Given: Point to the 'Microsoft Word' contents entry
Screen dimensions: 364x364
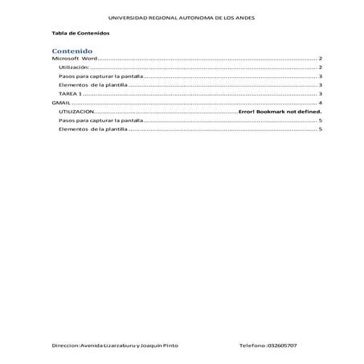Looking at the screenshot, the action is pyautogui.click(x=74, y=60).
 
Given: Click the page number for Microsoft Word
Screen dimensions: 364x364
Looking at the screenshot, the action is pyautogui.click(x=321, y=60).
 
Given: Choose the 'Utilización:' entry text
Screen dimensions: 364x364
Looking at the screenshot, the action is pyautogui.click(x=78, y=69).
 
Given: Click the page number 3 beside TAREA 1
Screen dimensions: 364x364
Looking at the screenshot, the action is pyautogui.click(x=321, y=95).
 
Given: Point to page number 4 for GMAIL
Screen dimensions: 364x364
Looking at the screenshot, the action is pyautogui.click(x=321, y=104).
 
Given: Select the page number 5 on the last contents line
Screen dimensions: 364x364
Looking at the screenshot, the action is pyautogui.click(x=321, y=129).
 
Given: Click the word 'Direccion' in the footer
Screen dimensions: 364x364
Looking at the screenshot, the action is pyautogui.click(x=64, y=344).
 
